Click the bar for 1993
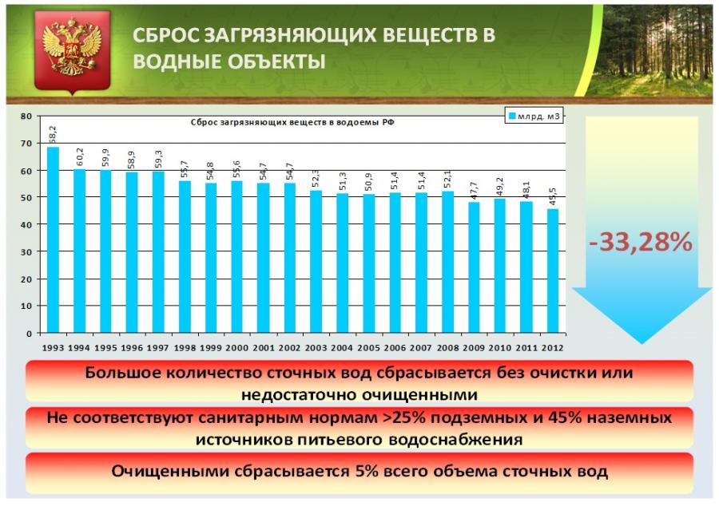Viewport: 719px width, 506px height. pos(54,239)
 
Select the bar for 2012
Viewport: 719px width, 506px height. pos(553,271)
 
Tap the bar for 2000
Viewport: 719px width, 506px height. pos(237,257)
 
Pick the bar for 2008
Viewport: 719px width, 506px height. pos(448,262)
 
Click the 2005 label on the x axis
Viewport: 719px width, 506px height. pos(368,348)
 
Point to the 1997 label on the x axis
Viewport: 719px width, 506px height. pos(158,348)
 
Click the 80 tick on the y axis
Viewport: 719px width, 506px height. pos(26,117)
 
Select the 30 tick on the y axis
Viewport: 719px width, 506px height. pos(26,252)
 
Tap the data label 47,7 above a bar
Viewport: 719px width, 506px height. pos(474,191)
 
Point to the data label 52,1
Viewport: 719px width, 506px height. pos(448,179)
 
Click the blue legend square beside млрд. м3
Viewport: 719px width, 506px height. pos(512,117)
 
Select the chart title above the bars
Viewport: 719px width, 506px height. pos(292,122)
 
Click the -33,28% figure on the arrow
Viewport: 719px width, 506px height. pos(641,241)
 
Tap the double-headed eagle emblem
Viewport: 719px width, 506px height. pos(72,47)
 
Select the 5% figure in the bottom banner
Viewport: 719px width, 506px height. pos(367,471)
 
